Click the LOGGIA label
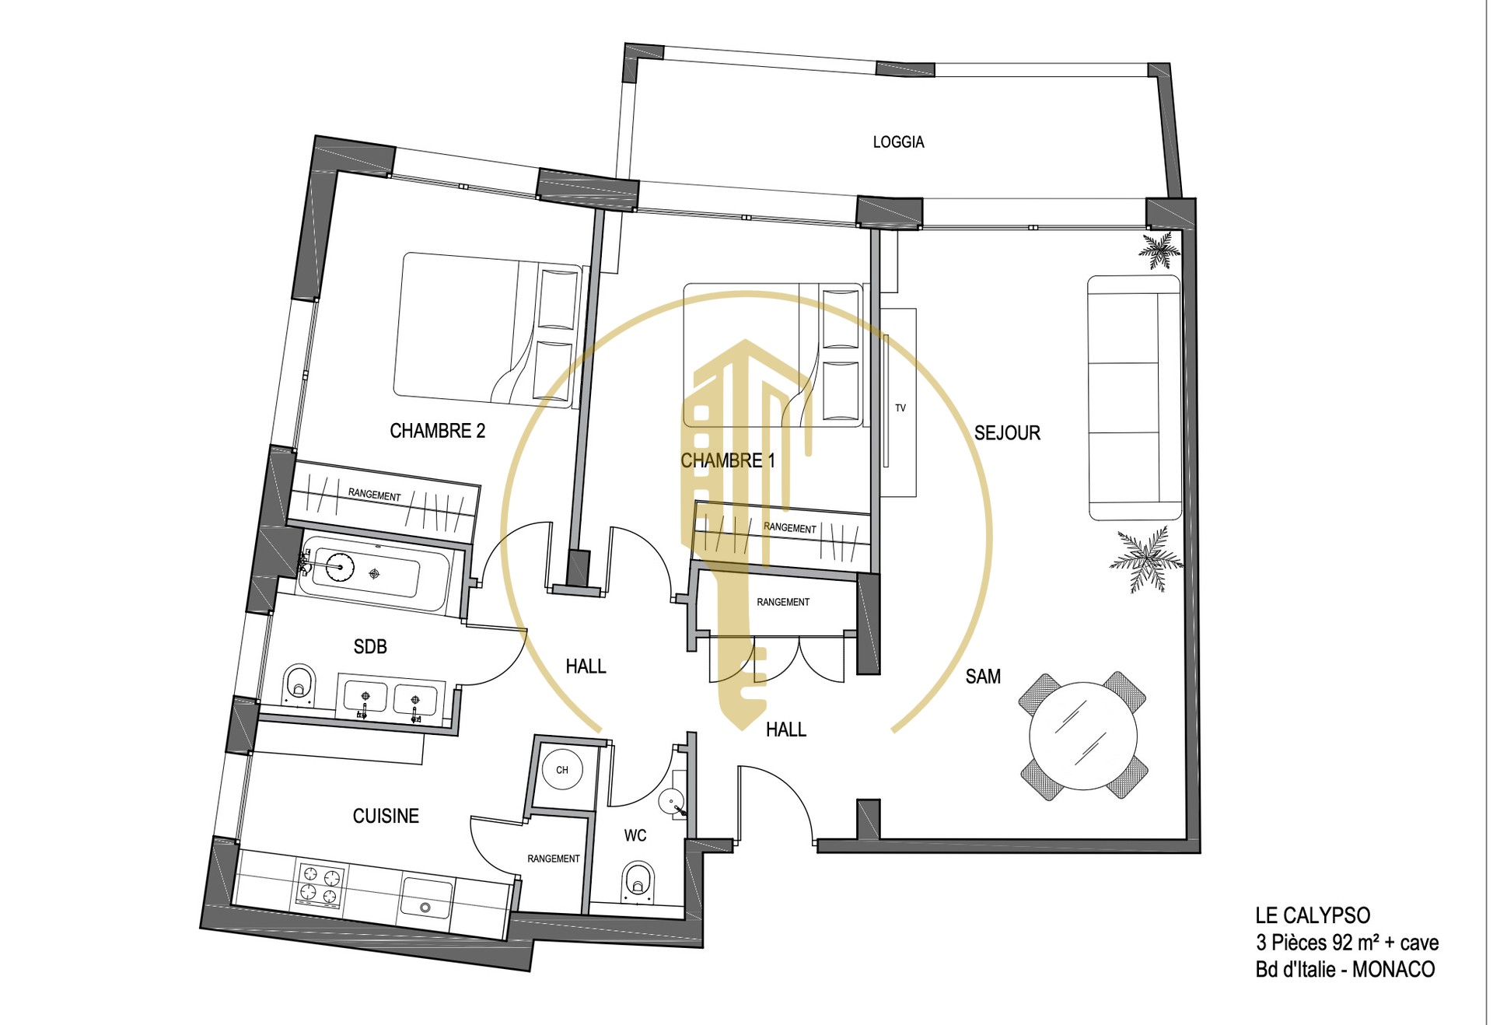pyautogui.click(x=898, y=142)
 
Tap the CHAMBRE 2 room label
pyautogui.click(x=437, y=431)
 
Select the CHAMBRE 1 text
pyautogui.click(x=728, y=460)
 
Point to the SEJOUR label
pyautogui.click(x=1007, y=433)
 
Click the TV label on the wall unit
pyautogui.click(x=900, y=408)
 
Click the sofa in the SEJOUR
pyautogui.click(x=1135, y=397)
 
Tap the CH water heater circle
pyautogui.click(x=562, y=770)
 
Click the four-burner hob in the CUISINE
pyautogui.click(x=320, y=887)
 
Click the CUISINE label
pyautogui.click(x=386, y=816)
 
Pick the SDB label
pyautogui.click(x=370, y=646)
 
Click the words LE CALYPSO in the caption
pyautogui.click(x=1313, y=915)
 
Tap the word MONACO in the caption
pyautogui.click(x=1393, y=969)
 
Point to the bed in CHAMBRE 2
pyautogui.click(x=488, y=330)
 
